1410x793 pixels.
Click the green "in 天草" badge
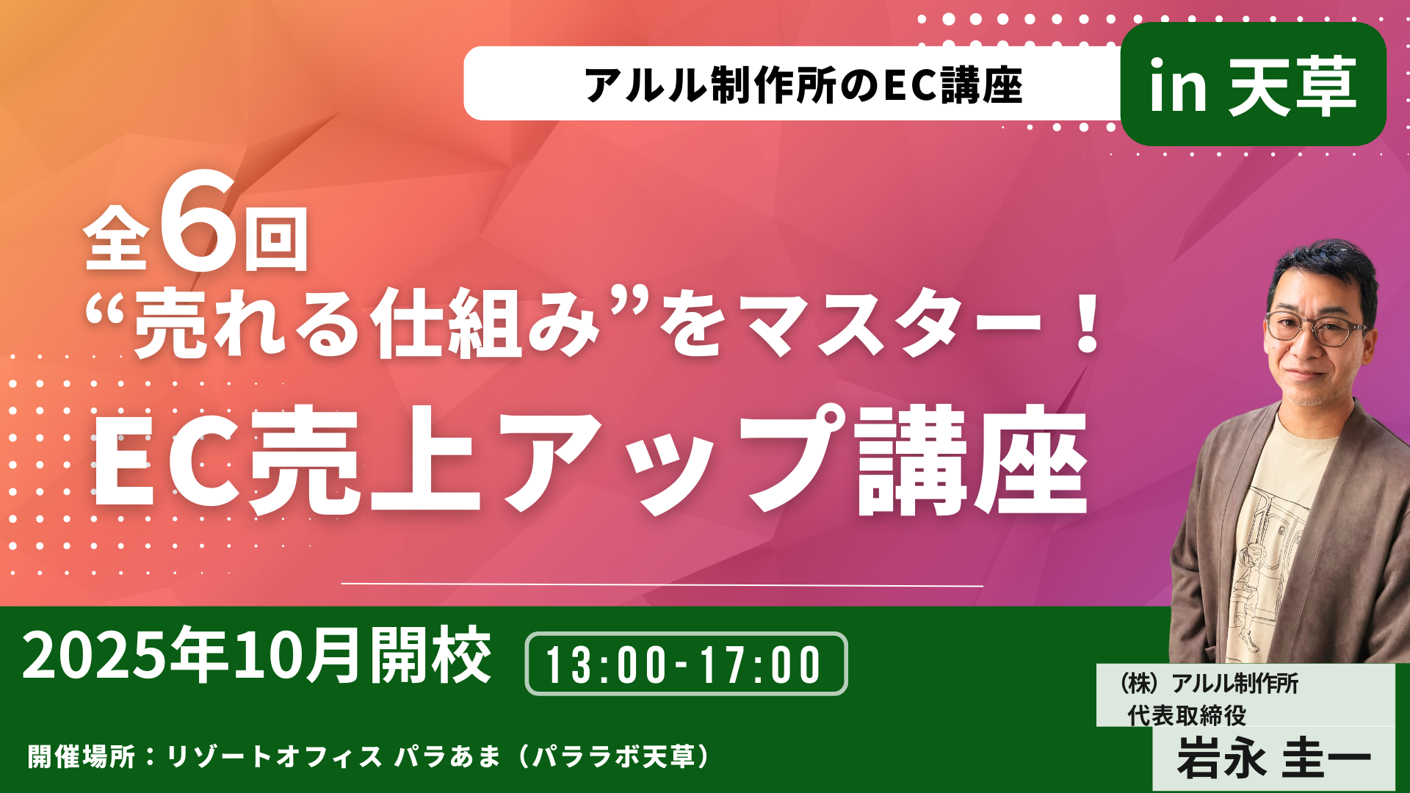point(1253,84)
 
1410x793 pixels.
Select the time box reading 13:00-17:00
point(686,664)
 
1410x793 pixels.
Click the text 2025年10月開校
point(257,655)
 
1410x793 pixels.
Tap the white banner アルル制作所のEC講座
point(793,84)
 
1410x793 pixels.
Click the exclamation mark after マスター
point(1084,322)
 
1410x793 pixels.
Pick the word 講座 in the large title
point(971,461)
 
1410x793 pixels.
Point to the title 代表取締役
point(1187,715)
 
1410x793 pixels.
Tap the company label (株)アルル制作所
point(1206,684)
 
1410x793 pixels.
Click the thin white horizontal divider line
point(662,585)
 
